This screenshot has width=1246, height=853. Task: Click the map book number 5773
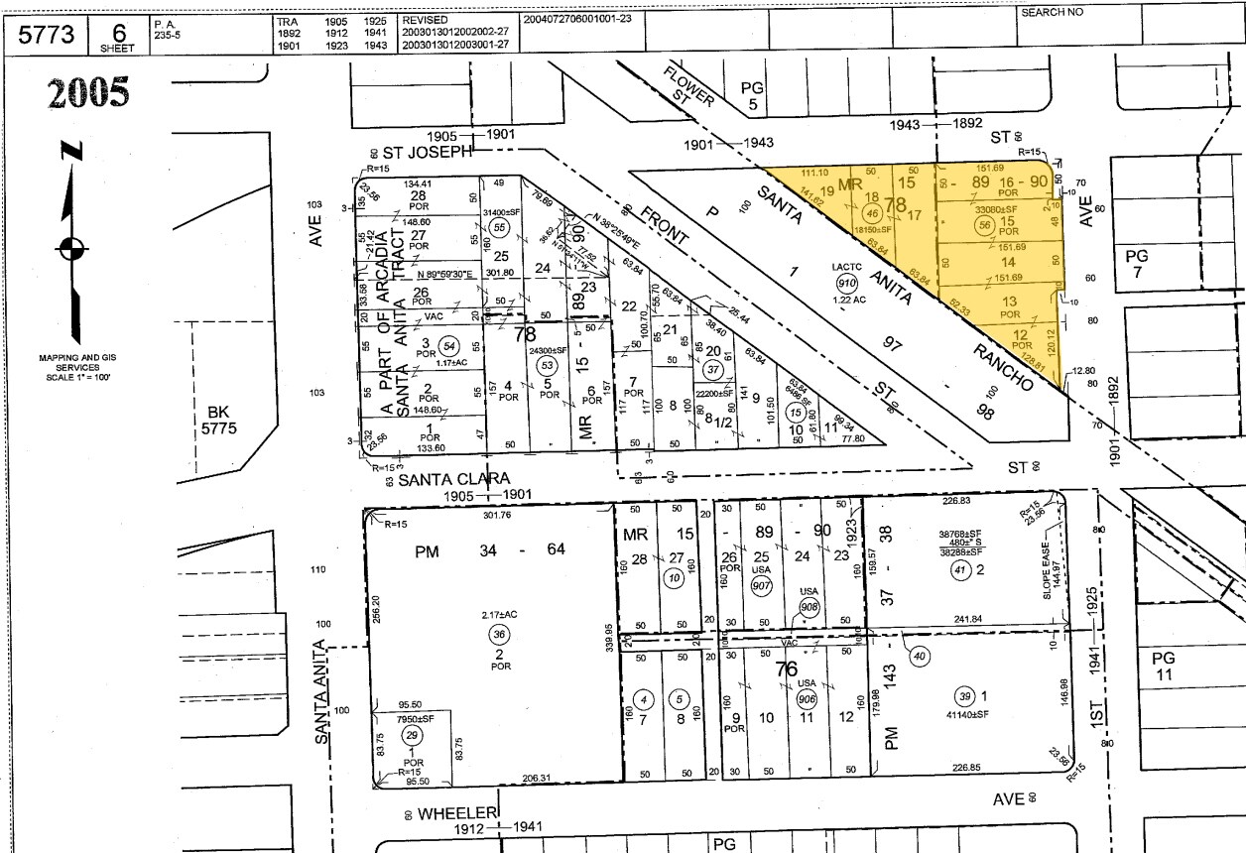pos(47,34)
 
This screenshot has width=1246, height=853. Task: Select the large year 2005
pos(87,92)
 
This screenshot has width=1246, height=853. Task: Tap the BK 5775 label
pos(216,421)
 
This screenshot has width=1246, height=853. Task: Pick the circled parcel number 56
pos(984,226)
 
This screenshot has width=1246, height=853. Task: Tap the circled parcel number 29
pos(411,735)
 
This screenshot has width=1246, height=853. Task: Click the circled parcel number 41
pos(958,569)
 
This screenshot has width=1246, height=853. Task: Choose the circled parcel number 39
pos(963,694)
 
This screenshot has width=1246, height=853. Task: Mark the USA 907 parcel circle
pos(762,585)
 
